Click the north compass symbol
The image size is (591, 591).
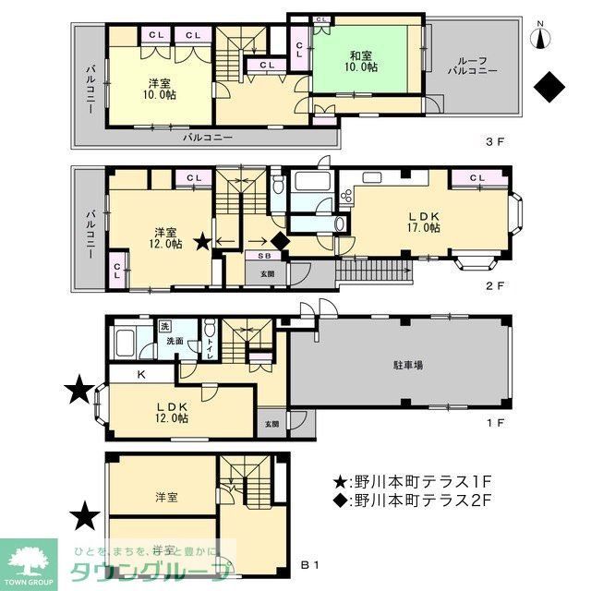(x=541, y=38)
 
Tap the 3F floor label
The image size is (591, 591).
(x=497, y=142)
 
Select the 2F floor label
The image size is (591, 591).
(x=497, y=287)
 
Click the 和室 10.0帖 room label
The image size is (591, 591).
(x=361, y=61)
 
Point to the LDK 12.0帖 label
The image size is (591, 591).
(x=171, y=411)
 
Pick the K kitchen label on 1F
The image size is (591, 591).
(x=141, y=375)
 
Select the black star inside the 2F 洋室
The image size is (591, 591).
(x=202, y=242)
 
